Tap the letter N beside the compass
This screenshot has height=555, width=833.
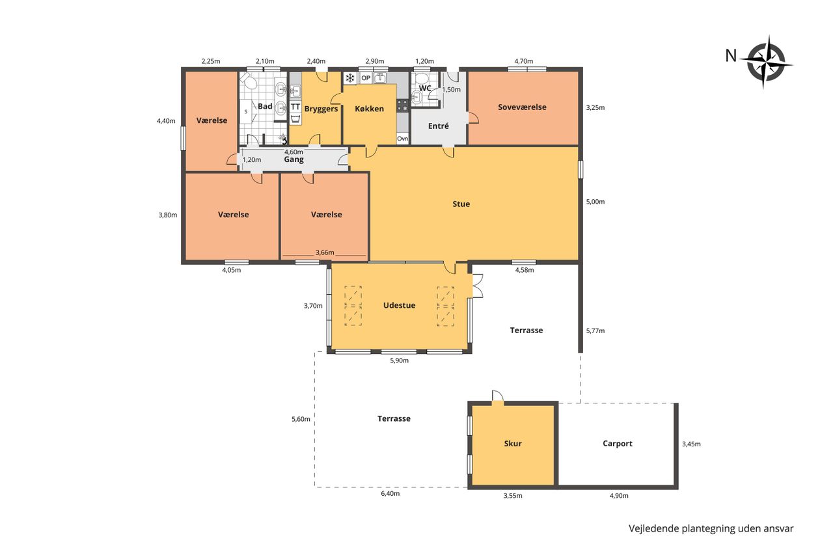tap(731, 56)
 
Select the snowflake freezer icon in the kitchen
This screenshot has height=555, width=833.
tap(349, 78)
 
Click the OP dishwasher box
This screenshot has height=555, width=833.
tap(366, 78)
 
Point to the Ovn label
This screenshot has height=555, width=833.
tap(402, 139)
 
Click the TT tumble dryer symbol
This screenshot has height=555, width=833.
tap(295, 107)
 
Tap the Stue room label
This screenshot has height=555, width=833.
tap(461, 204)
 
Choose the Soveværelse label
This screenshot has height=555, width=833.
tap(522, 107)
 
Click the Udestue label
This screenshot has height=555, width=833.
tap(399, 305)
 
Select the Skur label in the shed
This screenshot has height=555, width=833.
tap(513, 443)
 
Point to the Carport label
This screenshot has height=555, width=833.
tap(618, 444)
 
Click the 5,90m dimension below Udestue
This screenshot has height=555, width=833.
tap(399, 360)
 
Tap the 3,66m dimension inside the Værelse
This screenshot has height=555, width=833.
tap(325, 252)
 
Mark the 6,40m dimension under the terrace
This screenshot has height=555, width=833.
tap(390, 493)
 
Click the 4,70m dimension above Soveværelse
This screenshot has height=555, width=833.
tap(524, 61)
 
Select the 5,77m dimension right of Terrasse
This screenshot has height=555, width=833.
tap(595, 331)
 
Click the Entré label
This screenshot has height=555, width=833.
tap(438, 126)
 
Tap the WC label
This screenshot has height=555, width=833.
tap(425, 88)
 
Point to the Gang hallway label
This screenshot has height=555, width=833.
tap(294, 159)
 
